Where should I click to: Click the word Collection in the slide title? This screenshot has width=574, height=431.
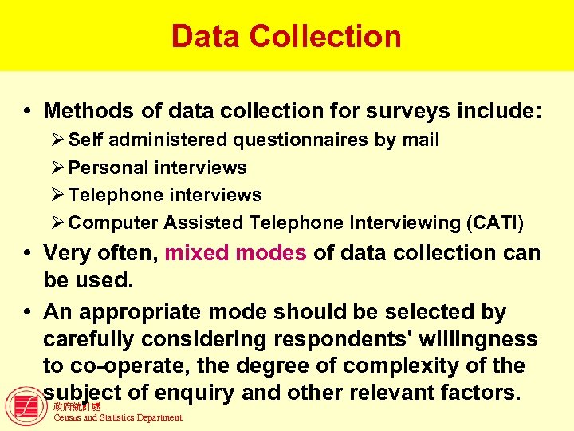[324, 37]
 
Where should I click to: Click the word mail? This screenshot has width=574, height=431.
[420, 140]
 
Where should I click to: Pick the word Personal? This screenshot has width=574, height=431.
[108, 168]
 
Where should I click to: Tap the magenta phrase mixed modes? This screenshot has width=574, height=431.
[235, 254]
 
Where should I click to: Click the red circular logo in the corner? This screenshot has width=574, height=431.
[26, 406]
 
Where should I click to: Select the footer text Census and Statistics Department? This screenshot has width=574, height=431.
[117, 417]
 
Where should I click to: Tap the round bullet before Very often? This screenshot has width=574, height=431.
[28, 255]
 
